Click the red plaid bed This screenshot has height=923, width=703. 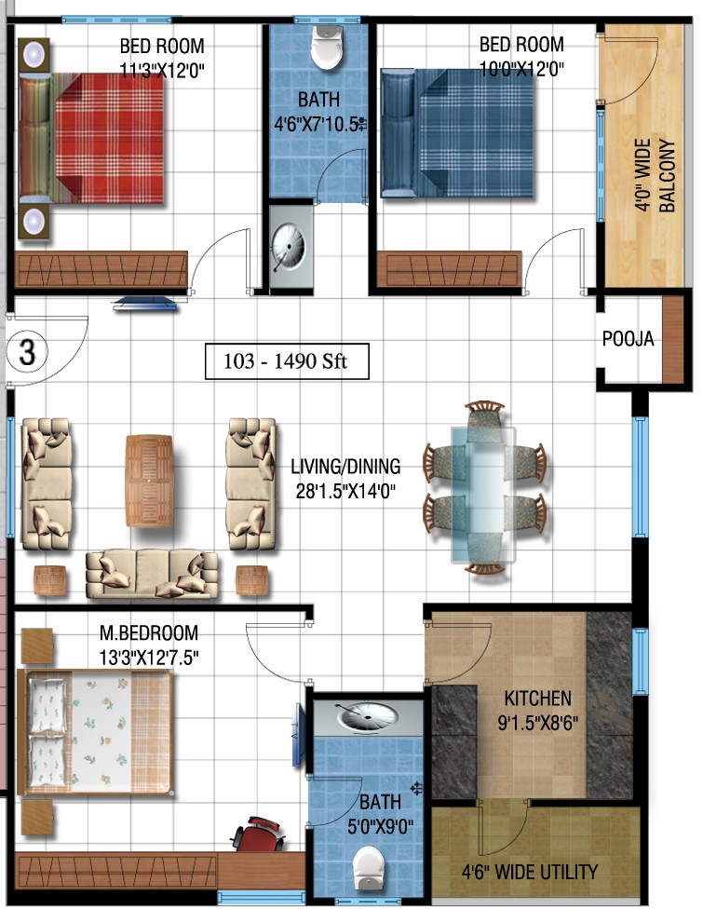(92, 139)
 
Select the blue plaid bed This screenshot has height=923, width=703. (457, 133)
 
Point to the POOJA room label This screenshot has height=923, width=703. (628, 339)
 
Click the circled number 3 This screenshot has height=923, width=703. (26, 353)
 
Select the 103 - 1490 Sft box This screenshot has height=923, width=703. (287, 361)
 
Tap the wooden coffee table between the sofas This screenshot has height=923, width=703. (149, 481)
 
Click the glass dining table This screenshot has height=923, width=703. (483, 495)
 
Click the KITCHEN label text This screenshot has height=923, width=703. (537, 699)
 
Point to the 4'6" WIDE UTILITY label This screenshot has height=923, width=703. (530, 872)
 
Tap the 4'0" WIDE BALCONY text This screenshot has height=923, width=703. (655, 175)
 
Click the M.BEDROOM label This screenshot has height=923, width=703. (149, 632)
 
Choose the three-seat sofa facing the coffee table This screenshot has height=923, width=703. (152, 575)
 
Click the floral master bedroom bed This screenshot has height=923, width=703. (95, 733)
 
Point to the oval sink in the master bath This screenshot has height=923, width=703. (367, 716)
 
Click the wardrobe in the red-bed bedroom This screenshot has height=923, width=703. (101, 269)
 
